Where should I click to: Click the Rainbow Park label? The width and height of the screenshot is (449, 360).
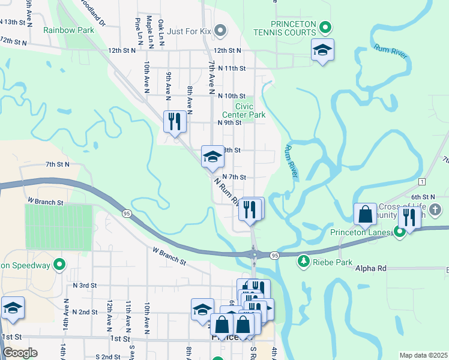[x=68, y=29]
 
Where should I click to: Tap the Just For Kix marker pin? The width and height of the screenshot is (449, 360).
[x=220, y=29]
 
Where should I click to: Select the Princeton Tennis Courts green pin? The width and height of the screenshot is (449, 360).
[x=325, y=27]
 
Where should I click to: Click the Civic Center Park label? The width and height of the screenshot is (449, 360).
[x=244, y=110]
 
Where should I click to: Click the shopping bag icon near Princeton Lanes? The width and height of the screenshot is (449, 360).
[x=366, y=214]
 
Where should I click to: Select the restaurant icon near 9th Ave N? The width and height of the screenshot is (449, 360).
[x=175, y=122]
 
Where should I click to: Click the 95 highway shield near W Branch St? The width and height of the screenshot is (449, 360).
[x=127, y=213]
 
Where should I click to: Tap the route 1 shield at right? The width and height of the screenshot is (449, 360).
[x=423, y=181]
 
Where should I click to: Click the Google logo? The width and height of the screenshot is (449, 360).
[x=20, y=353]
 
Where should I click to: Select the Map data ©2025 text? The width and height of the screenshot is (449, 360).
[x=423, y=355]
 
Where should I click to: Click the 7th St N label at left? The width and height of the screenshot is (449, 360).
[x=58, y=164]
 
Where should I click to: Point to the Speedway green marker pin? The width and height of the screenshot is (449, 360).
[x=59, y=264]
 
